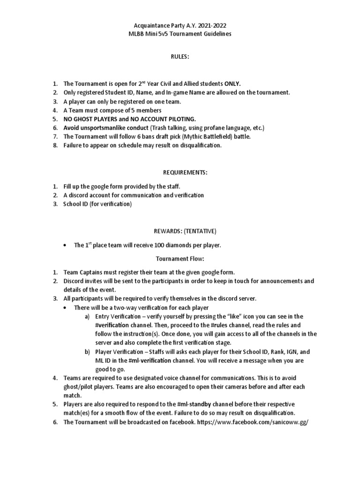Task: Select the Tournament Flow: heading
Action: (x=180, y=258)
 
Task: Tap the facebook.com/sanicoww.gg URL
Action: (x=253, y=421)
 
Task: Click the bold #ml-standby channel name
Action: (x=193, y=404)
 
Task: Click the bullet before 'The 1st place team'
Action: (x=65, y=245)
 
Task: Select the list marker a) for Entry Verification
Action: (x=87, y=316)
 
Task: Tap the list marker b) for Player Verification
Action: (x=87, y=351)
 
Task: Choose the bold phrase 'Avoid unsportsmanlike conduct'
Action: (x=105, y=127)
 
